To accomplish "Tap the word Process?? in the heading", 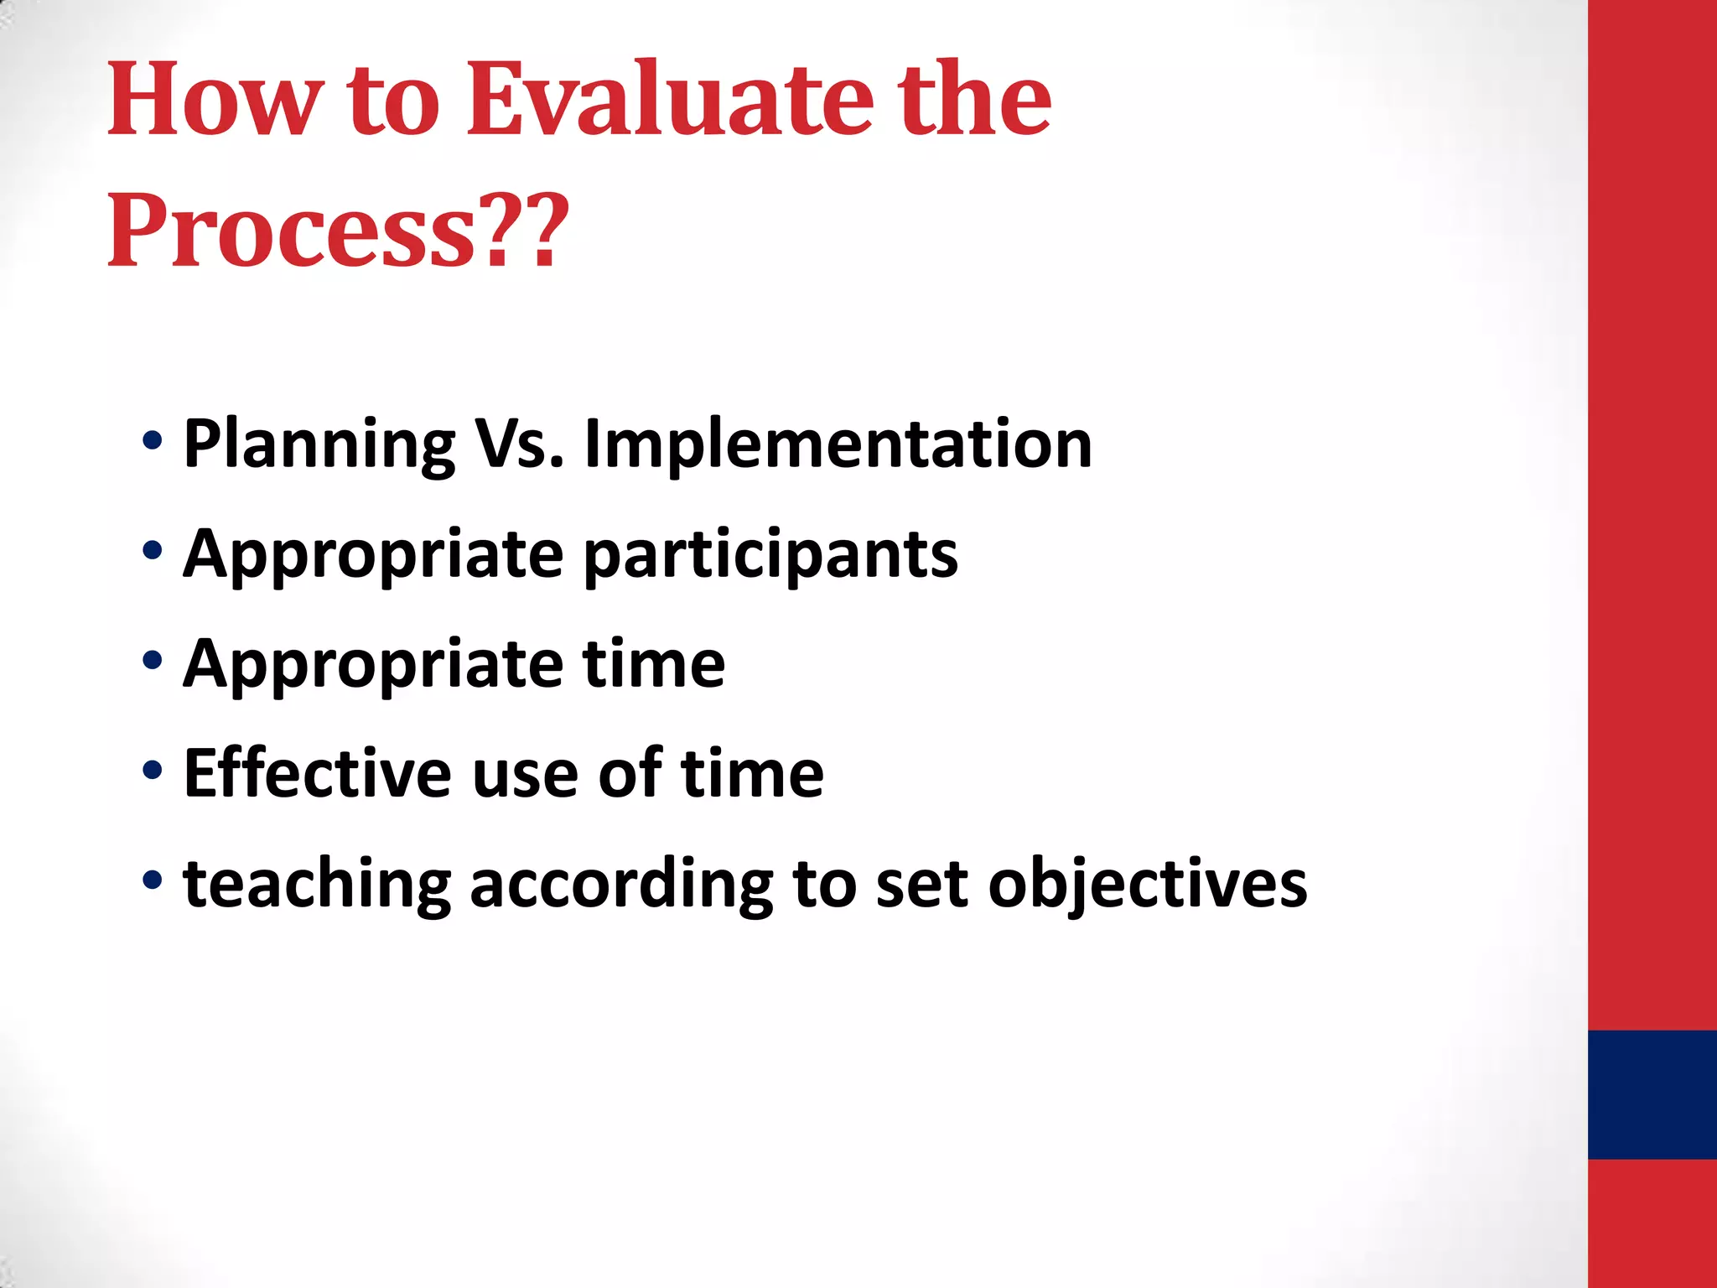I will [338, 231].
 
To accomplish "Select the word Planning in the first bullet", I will [319, 444].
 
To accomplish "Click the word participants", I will [770, 555].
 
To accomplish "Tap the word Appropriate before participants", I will [373, 555].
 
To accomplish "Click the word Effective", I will [318, 773].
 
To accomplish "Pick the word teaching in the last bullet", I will [318, 885].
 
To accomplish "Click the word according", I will [621, 885].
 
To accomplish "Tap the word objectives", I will [1147, 885].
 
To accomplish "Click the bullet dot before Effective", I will [152, 770].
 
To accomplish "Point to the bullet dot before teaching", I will [152, 880].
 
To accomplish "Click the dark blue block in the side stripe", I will [1652, 1094].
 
